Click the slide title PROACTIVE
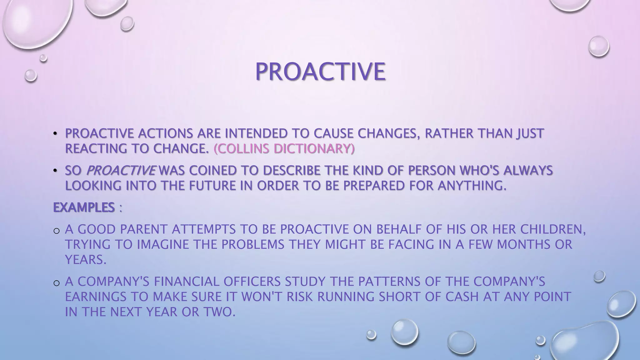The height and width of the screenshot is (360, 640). [x=320, y=72]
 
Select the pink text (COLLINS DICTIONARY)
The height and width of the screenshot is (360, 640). [x=284, y=149]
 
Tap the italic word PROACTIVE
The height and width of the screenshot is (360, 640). [x=120, y=171]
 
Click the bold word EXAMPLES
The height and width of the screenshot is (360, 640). [x=84, y=207]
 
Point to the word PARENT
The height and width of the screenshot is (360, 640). [x=144, y=229]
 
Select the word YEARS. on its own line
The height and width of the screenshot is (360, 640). [x=86, y=259]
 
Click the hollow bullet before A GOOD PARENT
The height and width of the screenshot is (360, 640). [x=57, y=231]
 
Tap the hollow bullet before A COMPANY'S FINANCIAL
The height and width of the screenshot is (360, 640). [x=57, y=283]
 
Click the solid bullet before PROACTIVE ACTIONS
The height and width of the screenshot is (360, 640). [x=55, y=134]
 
